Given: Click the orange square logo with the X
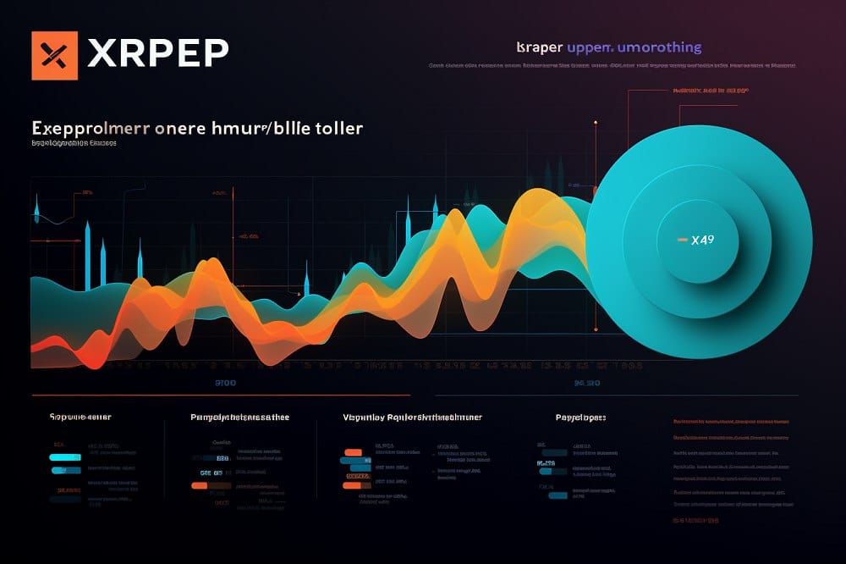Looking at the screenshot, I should [x=54, y=55].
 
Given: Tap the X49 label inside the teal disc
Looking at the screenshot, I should [x=702, y=240].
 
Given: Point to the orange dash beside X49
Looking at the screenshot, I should [x=682, y=241].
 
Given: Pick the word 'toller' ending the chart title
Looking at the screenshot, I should [x=338, y=129].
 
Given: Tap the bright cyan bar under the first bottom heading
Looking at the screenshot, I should [x=65, y=457].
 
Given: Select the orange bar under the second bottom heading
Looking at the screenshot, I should [x=199, y=486].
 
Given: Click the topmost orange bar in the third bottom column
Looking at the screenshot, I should [x=354, y=452].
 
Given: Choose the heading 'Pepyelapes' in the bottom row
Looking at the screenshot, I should [x=580, y=417].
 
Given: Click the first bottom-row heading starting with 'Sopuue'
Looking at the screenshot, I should [x=81, y=417].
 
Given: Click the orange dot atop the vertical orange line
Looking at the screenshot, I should [x=596, y=123].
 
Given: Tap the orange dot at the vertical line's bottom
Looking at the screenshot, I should [x=596, y=329].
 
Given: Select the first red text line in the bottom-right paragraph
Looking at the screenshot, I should [x=733, y=422].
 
